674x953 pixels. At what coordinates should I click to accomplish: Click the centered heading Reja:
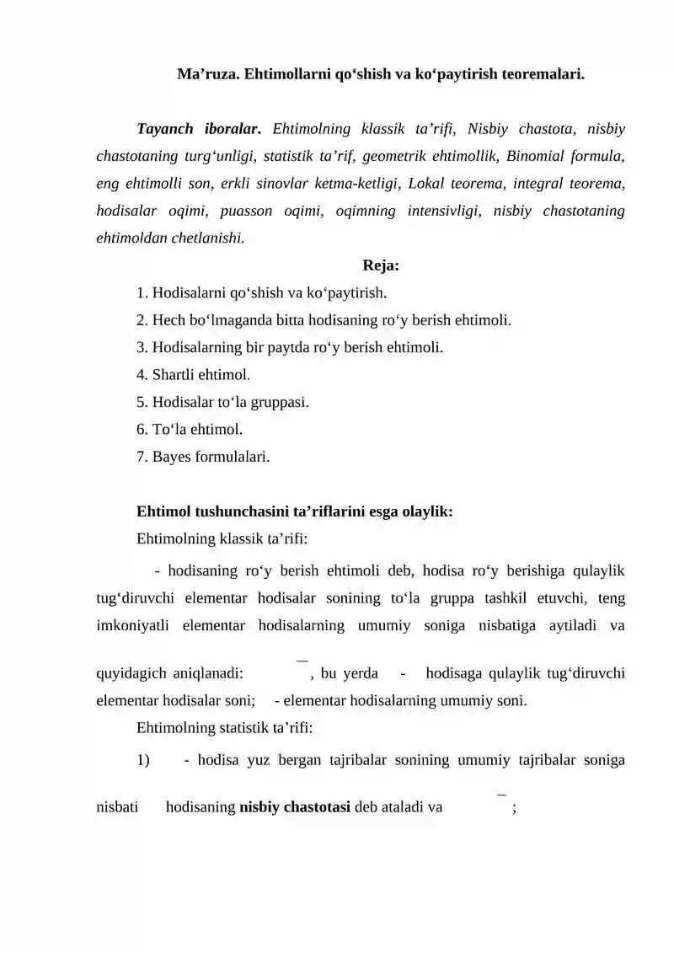pos(381,266)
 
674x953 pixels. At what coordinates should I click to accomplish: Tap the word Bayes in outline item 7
pos(172,457)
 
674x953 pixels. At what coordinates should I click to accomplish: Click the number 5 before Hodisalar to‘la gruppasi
pos(141,402)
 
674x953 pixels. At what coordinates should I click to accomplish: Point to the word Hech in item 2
pos(167,320)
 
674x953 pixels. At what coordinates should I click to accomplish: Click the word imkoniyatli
pos(129,625)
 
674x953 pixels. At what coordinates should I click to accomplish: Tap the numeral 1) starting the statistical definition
pos(142,761)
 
